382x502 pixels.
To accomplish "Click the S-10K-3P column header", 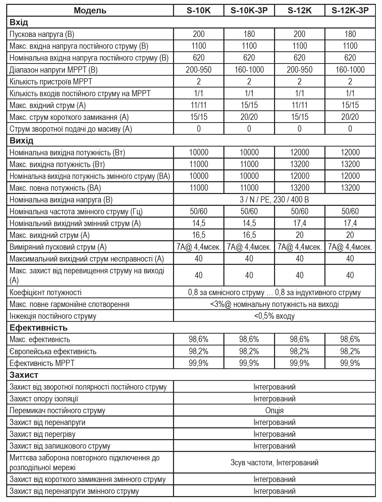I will tap(249, 10).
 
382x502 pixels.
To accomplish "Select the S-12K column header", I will tap(299, 10).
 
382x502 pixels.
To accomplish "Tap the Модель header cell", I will tap(90, 10).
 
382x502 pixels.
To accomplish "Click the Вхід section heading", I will tap(19, 22).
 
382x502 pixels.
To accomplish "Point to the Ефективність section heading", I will tap(39, 327).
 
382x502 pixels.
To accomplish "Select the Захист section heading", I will tap(24, 375).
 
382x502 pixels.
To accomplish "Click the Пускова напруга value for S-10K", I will tap(198, 34).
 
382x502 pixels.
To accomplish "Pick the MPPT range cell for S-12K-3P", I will tap(350, 70).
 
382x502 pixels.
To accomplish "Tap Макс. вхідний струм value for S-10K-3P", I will tap(249, 105).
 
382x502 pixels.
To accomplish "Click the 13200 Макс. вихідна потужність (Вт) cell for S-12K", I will tap(299, 164).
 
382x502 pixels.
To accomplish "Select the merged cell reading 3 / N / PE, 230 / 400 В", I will tap(274, 199).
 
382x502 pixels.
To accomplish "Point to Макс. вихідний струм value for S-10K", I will tap(198, 235).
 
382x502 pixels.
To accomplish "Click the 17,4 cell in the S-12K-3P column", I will tap(350, 223).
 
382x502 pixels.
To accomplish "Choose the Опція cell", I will tap(274, 410).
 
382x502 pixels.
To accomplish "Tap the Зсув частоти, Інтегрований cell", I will tap(274, 462).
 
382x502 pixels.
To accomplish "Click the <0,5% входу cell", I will tap(274, 316).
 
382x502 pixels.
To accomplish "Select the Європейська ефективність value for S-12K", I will tap(299, 351).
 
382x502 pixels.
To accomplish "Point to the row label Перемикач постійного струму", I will tap(57, 410).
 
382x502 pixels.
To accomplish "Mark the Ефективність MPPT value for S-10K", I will tap(198, 363).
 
